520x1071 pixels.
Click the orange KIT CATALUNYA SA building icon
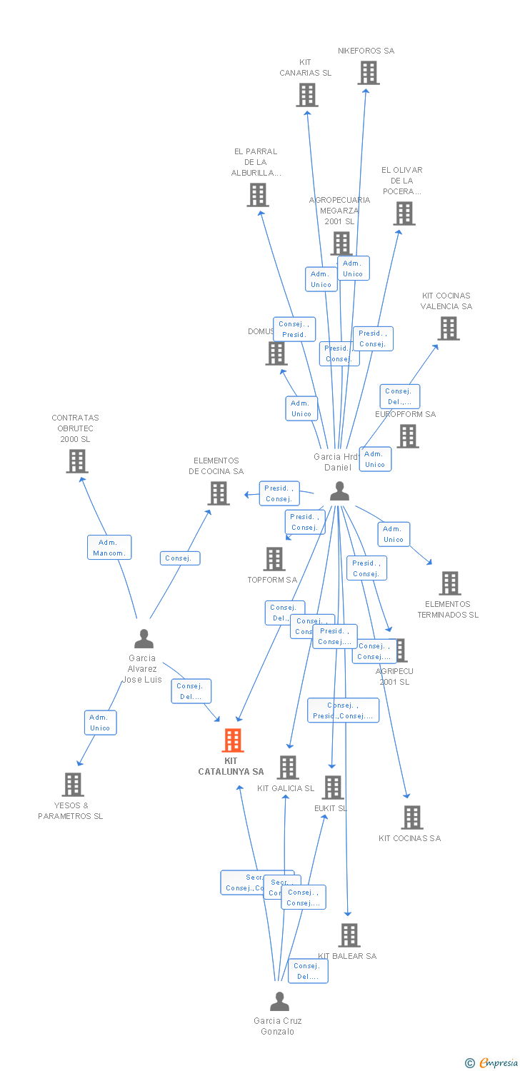(x=233, y=740)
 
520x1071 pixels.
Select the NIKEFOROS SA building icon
(x=368, y=73)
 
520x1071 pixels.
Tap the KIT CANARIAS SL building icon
(x=307, y=95)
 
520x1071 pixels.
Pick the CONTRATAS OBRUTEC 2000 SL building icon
(x=76, y=461)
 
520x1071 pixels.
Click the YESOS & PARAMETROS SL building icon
(x=72, y=784)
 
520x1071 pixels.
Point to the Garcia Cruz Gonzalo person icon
(x=279, y=1001)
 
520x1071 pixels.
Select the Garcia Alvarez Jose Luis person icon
(x=144, y=638)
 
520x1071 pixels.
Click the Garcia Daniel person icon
(x=339, y=491)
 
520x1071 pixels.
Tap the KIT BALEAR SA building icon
(x=349, y=935)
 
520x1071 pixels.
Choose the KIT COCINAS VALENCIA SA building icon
(x=448, y=328)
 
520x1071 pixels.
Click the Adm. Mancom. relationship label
(x=109, y=548)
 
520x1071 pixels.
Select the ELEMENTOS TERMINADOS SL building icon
(x=449, y=583)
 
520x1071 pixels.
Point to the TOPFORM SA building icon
(x=274, y=559)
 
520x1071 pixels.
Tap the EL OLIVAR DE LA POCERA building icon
(x=404, y=213)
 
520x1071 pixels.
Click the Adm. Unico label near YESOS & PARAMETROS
(x=100, y=723)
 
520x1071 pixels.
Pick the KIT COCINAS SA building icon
(x=411, y=818)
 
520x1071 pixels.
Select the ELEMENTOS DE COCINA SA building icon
(x=218, y=493)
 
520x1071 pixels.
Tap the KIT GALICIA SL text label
(x=286, y=788)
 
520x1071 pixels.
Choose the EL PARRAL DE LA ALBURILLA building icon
(x=257, y=194)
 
